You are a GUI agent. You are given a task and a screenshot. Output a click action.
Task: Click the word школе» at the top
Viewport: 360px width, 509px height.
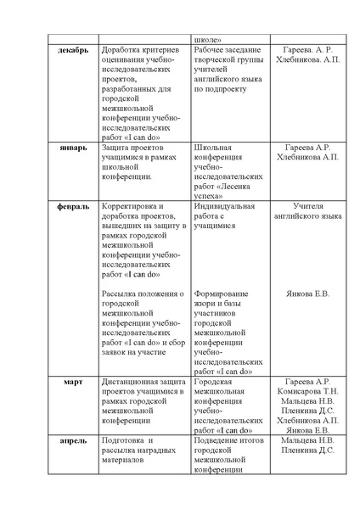click(209, 38)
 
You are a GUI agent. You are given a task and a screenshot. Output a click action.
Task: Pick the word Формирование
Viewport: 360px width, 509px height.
click(223, 294)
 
